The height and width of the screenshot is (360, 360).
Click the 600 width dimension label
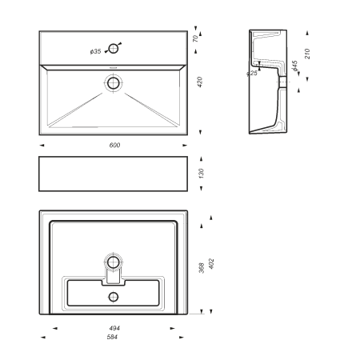(114, 145)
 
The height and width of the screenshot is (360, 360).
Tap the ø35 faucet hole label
(96, 51)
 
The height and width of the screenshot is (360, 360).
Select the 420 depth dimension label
(200, 82)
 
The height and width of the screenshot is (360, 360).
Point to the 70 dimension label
(196, 38)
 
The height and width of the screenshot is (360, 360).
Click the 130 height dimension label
(201, 174)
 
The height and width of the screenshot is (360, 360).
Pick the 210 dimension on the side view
(307, 54)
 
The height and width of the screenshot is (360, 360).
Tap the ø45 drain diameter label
(294, 66)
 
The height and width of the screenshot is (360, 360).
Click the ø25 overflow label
(252, 73)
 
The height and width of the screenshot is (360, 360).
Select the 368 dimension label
(202, 268)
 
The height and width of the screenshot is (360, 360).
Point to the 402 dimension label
(211, 263)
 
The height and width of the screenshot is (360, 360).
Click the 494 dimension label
(114, 328)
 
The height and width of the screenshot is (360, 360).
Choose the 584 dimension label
(112, 337)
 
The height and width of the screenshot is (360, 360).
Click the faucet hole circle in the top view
(114, 49)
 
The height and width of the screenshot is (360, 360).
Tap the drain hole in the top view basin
(114, 83)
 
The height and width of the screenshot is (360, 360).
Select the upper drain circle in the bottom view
(114, 262)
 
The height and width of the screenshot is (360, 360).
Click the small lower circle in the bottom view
(114, 297)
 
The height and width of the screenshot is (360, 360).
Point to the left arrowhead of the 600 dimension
(42, 146)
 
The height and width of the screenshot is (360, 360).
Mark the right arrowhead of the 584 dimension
(182, 338)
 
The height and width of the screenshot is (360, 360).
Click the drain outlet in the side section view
(282, 82)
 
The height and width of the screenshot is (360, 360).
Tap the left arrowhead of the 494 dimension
(54, 328)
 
